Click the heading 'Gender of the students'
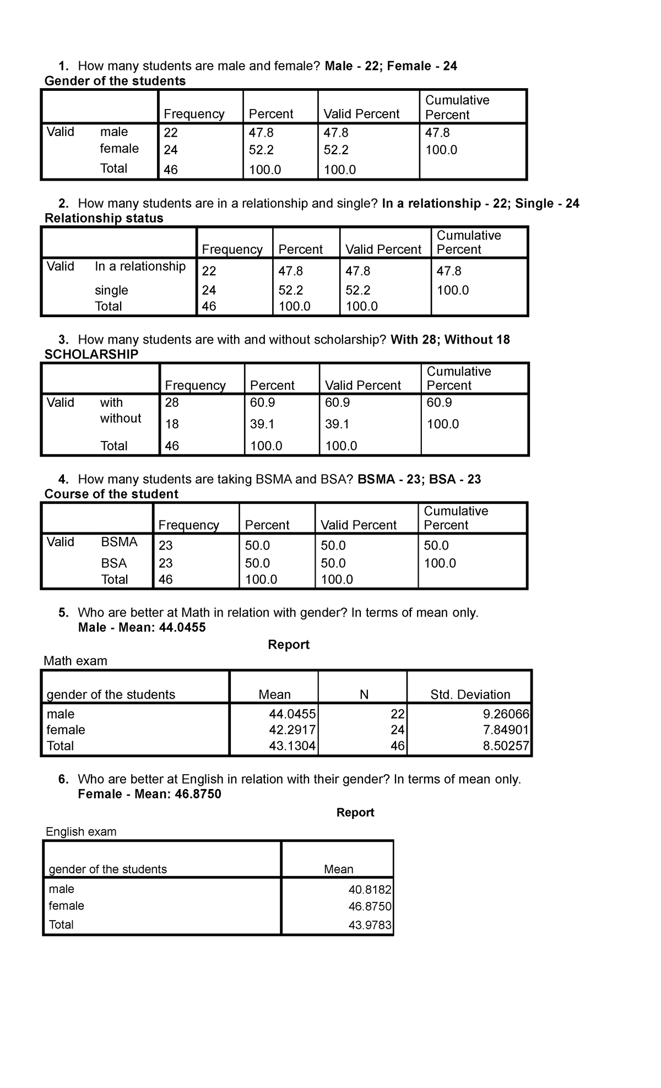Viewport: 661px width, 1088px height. click(x=115, y=81)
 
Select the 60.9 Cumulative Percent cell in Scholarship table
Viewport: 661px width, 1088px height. click(x=439, y=402)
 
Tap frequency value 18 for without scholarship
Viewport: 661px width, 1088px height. click(x=172, y=424)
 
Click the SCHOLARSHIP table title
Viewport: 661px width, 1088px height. click(x=91, y=354)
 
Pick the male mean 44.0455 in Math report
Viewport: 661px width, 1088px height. click(x=292, y=714)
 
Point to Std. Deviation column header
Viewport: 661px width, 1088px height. click(x=470, y=694)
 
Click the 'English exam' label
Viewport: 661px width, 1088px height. click(x=81, y=831)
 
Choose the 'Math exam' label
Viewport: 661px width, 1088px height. click(x=75, y=661)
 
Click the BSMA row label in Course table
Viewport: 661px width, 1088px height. click(x=119, y=542)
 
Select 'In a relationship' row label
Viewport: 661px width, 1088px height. click(x=140, y=266)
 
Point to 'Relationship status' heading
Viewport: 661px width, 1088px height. click(x=104, y=218)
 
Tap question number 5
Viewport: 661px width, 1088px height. click(x=63, y=613)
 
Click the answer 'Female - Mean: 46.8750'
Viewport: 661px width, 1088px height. click(x=149, y=793)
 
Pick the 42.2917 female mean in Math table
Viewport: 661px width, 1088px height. click(x=292, y=730)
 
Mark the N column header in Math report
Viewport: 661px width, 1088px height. click(x=364, y=694)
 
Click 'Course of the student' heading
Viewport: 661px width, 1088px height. click(x=111, y=494)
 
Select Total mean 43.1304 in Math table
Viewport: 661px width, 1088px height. click(x=292, y=746)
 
